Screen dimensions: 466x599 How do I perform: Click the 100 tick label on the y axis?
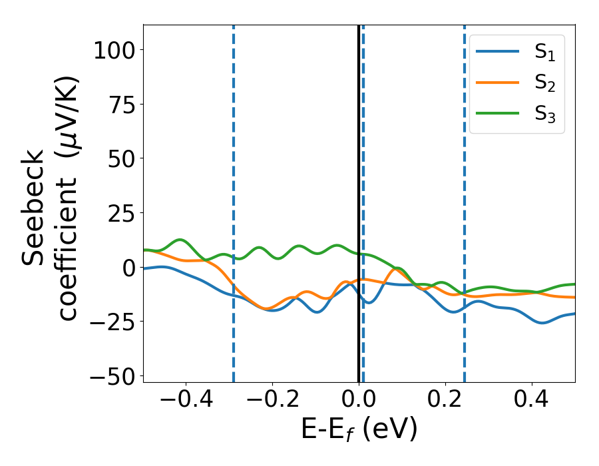[x=114, y=51]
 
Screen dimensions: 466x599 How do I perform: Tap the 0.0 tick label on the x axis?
[x=359, y=401]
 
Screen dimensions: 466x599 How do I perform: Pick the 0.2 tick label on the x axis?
[x=445, y=401]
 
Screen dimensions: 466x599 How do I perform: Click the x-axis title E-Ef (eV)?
[x=359, y=430]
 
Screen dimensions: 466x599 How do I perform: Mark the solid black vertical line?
[x=359, y=166]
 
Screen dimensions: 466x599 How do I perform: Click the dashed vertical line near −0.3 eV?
[x=234, y=166]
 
